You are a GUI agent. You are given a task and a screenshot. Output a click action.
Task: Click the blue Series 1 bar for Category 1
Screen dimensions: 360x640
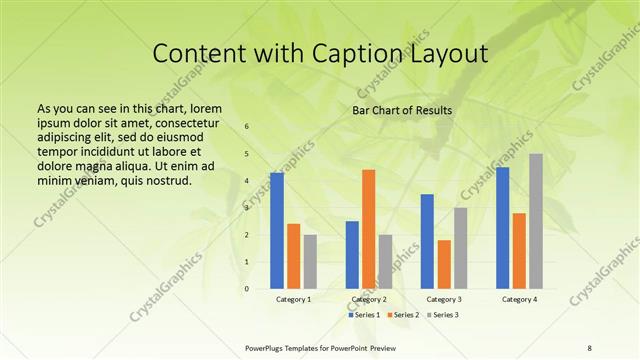coord(277,231)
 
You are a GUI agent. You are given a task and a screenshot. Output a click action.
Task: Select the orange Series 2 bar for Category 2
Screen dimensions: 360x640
coord(368,229)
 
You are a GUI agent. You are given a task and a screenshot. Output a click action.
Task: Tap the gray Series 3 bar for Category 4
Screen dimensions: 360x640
coord(536,221)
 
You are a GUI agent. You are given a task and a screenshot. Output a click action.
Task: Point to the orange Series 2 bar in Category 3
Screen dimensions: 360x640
coord(443,264)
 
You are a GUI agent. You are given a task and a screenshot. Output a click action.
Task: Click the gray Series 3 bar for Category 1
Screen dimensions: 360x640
coord(310,262)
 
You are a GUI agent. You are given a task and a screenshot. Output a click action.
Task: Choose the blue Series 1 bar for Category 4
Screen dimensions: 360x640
coord(502,228)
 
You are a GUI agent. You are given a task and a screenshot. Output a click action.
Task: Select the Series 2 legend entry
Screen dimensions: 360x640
coord(406,315)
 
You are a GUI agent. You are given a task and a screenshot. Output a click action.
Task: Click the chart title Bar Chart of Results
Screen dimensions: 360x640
coord(402,110)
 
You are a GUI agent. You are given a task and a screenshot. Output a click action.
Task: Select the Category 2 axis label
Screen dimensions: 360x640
coord(368,299)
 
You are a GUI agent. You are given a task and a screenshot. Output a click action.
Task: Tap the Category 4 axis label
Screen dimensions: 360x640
coord(519,299)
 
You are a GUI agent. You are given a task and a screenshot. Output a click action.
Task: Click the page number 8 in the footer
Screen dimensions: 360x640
coord(589,347)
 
